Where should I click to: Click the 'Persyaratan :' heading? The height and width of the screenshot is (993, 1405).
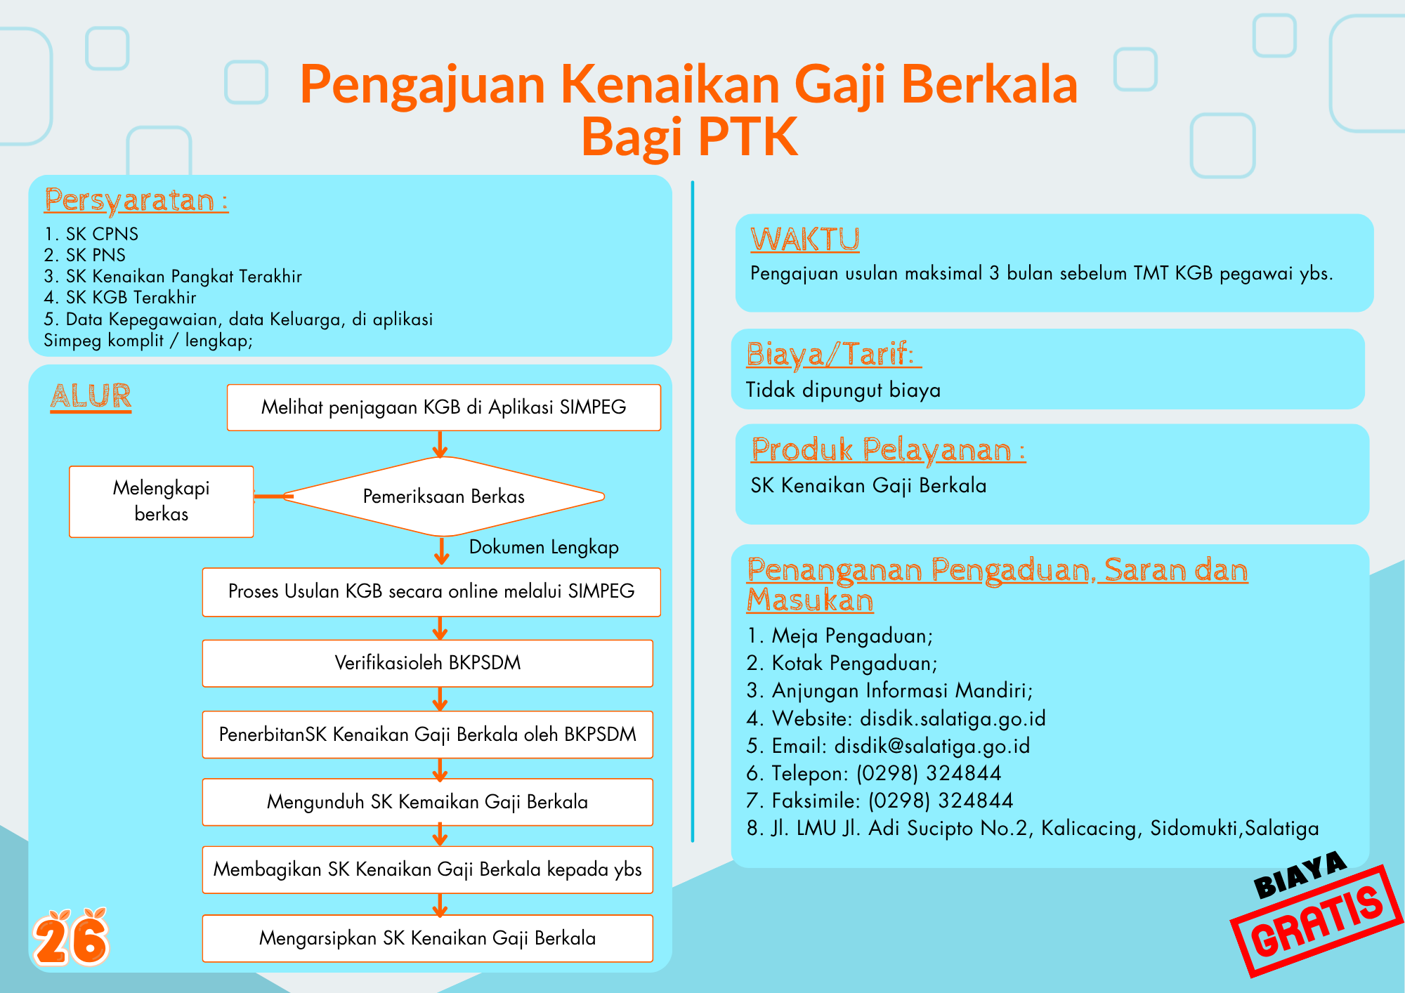pyautogui.click(x=136, y=201)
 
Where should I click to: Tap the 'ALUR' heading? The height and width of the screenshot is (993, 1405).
pyautogui.click(x=91, y=397)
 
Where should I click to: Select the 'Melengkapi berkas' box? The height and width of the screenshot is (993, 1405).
pyautogui.click(x=162, y=501)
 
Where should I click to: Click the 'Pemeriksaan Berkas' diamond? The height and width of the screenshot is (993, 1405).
pyautogui.click(x=443, y=496)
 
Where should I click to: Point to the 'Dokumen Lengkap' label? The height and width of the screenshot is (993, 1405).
pyautogui.click(x=544, y=547)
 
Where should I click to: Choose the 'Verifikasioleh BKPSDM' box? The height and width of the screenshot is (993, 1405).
pyautogui.click(x=428, y=663)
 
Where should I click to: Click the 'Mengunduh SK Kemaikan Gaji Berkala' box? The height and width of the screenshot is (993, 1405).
pyautogui.click(x=428, y=802)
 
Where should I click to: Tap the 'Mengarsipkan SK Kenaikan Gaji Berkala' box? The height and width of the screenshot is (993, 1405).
pyautogui.click(x=428, y=938)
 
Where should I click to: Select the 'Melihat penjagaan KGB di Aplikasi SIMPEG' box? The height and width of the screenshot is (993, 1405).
pyautogui.click(x=444, y=407)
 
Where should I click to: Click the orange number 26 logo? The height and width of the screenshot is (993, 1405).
pyautogui.click(x=71, y=938)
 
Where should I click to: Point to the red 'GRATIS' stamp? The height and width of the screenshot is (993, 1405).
pyautogui.click(x=1318, y=921)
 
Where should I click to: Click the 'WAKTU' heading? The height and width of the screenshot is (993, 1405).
pyautogui.click(x=805, y=239)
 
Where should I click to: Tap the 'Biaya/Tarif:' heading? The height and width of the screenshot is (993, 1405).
pyautogui.click(x=834, y=355)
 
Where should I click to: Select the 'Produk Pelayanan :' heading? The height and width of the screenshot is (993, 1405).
pyautogui.click(x=889, y=450)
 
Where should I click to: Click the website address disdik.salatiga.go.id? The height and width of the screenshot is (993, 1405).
pyautogui.click(x=953, y=718)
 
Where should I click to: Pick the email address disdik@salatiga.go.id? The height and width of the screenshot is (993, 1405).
pyautogui.click(x=932, y=746)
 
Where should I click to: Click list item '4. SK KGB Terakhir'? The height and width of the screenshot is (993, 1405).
pyautogui.click(x=120, y=298)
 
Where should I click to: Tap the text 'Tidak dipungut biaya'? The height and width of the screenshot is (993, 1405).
pyautogui.click(x=843, y=390)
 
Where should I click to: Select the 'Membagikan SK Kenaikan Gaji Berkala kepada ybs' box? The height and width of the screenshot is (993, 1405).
pyautogui.click(x=428, y=869)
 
